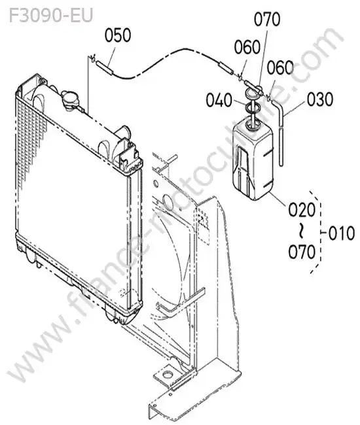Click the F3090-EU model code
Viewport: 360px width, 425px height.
51,16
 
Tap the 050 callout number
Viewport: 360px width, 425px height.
118,35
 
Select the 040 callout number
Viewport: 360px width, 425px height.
219,100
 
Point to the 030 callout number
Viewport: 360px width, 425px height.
320,99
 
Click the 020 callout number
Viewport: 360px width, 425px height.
302,210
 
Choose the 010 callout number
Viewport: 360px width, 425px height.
342,233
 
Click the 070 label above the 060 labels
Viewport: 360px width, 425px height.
267,19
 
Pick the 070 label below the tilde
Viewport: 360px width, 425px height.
302,252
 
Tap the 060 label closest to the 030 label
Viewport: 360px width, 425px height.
280,68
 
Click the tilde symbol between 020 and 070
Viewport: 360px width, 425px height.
301,231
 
